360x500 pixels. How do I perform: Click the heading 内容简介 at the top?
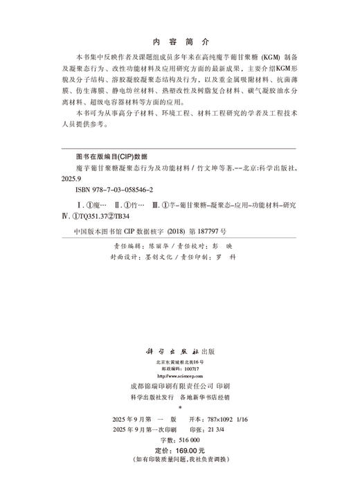pos(179,41)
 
